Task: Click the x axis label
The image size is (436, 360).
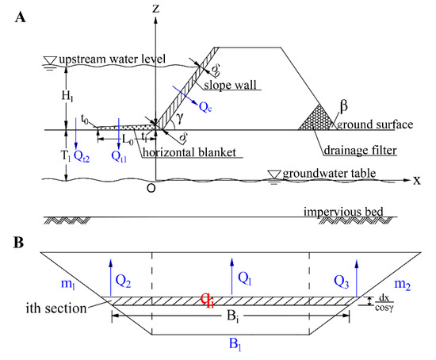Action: tap(416, 180)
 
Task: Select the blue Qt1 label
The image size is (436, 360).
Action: tap(120, 158)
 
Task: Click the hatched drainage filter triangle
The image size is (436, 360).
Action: tap(316, 119)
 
